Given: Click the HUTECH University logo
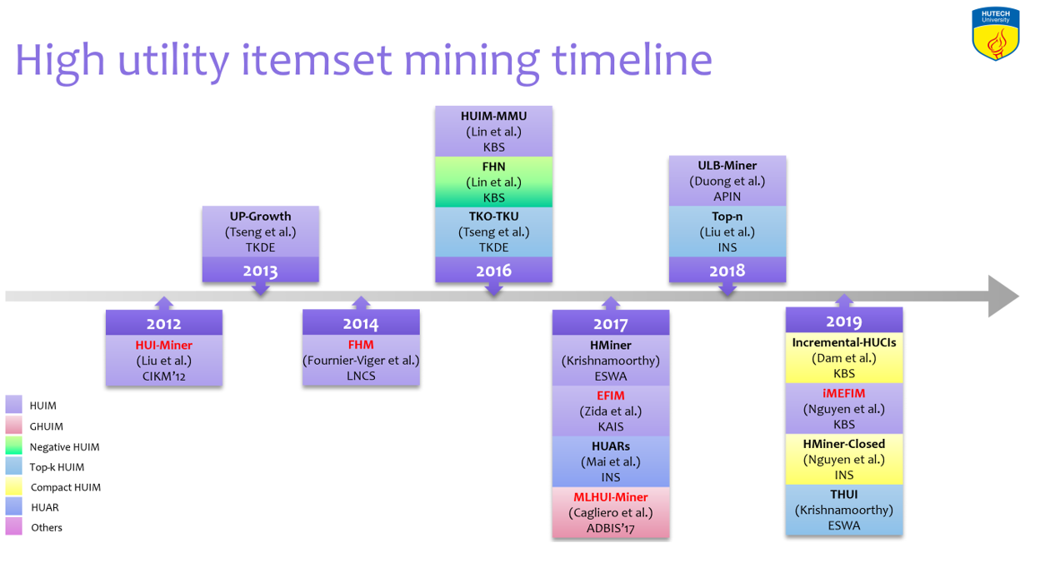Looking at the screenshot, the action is pyautogui.click(x=996, y=33).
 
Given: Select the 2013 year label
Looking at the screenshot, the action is pyautogui.click(x=260, y=271).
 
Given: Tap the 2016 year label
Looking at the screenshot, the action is pyautogui.click(x=493, y=271).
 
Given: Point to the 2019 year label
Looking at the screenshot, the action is pyautogui.click(x=843, y=321).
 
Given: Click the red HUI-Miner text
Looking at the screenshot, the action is pyautogui.click(x=163, y=346).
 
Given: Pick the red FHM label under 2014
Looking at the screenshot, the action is pyautogui.click(x=361, y=345).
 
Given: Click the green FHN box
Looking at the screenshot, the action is pyautogui.click(x=493, y=182).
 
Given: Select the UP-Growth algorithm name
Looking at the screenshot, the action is pyautogui.click(x=260, y=217).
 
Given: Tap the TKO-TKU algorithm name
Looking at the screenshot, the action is pyautogui.click(x=493, y=217).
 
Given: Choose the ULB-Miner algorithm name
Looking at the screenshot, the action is pyautogui.click(x=727, y=166).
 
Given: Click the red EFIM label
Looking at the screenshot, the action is pyautogui.click(x=611, y=396).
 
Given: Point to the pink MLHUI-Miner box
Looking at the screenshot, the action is pyautogui.click(x=611, y=512).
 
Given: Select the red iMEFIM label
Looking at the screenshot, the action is pyautogui.click(x=843, y=394).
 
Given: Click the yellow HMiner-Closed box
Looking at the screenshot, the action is pyautogui.click(x=843, y=460).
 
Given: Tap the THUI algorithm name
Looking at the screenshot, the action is pyautogui.click(x=843, y=495).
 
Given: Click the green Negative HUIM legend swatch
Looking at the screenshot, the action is pyautogui.click(x=13, y=446).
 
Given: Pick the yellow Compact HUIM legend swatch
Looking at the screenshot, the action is pyautogui.click(x=13, y=486).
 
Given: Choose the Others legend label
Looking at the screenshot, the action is pyautogui.click(x=47, y=528).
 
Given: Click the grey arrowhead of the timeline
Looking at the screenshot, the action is pyautogui.click(x=1003, y=296).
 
